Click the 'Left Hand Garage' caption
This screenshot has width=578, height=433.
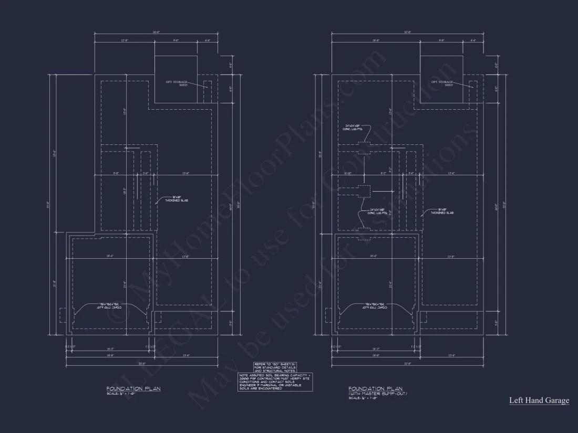click(539, 400)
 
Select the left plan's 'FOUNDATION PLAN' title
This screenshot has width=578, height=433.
click(133, 389)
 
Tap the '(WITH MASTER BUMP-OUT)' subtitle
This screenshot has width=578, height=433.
click(377, 394)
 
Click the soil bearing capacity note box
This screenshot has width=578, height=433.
click(275, 382)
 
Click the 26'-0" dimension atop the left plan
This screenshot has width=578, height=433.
click(156, 33)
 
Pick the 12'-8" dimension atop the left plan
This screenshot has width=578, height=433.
click(125, 40)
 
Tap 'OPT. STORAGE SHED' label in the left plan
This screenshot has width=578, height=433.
click(176, 83)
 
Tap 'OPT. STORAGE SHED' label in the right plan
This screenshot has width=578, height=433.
click(442, 83)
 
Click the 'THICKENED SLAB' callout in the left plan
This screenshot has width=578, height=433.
click(176, 200)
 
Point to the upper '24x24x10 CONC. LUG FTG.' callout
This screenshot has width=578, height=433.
click(355, 128)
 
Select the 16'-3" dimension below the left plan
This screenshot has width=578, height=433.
click(111, 348)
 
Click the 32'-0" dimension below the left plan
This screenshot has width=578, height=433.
click(142, 363)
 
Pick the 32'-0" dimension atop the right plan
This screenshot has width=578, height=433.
click(407, 33)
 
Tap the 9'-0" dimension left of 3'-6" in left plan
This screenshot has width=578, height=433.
click(116, 173)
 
